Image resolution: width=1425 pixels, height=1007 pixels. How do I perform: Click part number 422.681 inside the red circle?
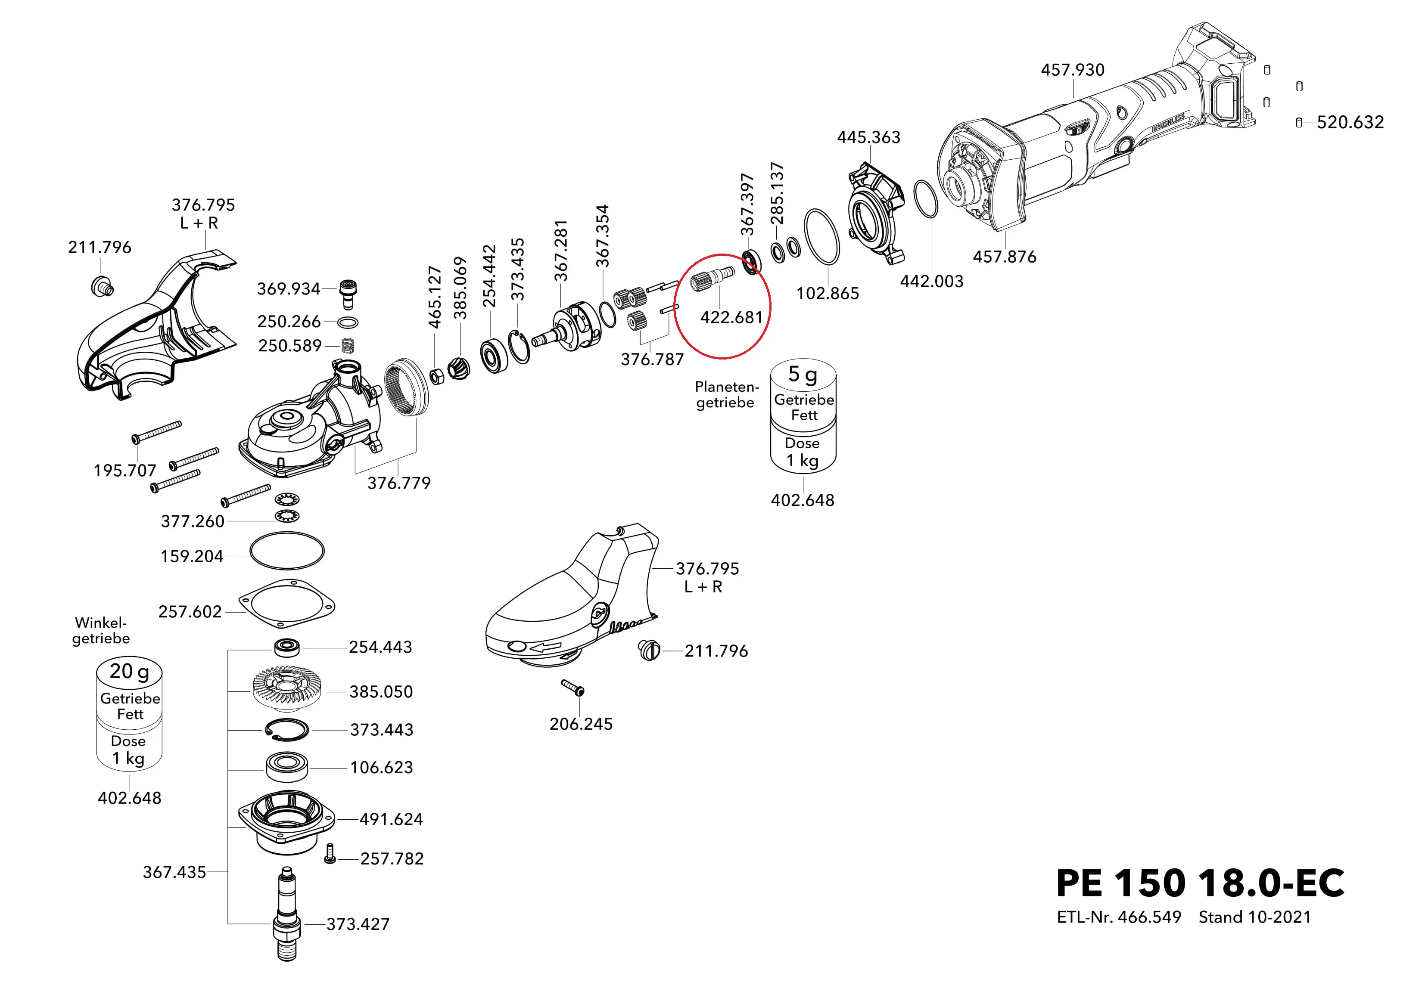pos(731,318)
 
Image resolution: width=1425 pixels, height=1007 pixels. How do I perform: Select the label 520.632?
pos(1350,122)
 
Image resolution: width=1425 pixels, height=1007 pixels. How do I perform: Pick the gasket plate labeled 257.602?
pos(287,604)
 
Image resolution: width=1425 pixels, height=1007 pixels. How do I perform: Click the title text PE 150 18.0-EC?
pos(1200,883)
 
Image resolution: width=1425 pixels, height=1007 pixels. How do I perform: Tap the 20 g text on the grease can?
pos(129,671)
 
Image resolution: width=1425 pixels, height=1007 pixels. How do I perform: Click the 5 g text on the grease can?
pos(803,375)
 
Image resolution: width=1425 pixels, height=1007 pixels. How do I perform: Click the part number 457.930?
pos(1073,69)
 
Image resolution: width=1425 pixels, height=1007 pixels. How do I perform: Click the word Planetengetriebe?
pos(725,395)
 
